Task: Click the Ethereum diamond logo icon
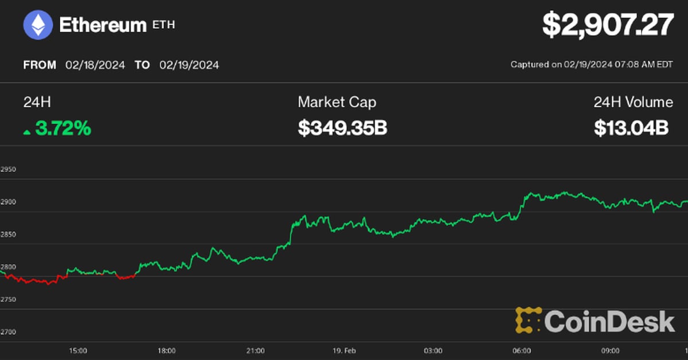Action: [38, 26]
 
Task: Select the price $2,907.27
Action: [608, 26]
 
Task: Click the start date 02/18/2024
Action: [95, 65]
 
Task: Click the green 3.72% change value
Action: [62, 128]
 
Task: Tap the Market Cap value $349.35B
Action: [342, 128]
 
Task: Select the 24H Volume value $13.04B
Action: [631, 128]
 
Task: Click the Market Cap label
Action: [337, 103]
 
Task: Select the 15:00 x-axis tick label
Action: [78, 350]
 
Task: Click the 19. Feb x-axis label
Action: [344, 350]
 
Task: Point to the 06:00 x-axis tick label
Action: [521, 350]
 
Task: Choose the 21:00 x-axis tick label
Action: [255, 350]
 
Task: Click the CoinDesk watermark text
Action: [609, 321]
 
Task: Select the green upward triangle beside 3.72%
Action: [27, 132]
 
